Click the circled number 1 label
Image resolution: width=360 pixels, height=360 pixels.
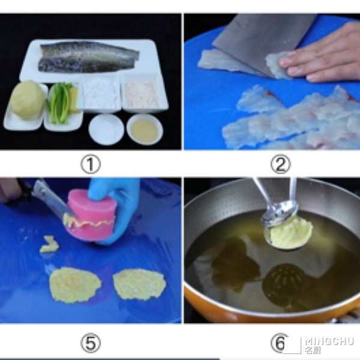pos(91,164)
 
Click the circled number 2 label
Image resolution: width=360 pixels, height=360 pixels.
pos(280,164)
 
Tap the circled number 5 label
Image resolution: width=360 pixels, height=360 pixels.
pos(91,343)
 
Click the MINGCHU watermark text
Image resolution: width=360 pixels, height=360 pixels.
pos(329,341)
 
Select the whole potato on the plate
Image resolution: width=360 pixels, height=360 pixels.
pos(27,100)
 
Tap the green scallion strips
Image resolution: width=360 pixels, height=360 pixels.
pos(59,103)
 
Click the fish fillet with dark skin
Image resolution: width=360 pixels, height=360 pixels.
pos(88,57)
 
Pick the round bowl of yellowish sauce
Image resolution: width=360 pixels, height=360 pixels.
pos(145,130)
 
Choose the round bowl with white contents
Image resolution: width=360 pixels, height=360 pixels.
pos(106,130)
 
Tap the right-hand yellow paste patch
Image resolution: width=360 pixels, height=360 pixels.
pos(139,284)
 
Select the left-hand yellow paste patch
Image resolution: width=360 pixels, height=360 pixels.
pos(75,284)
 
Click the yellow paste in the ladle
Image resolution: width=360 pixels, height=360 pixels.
pos(291,233)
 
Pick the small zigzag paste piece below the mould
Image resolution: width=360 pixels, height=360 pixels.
pos(49,245)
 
